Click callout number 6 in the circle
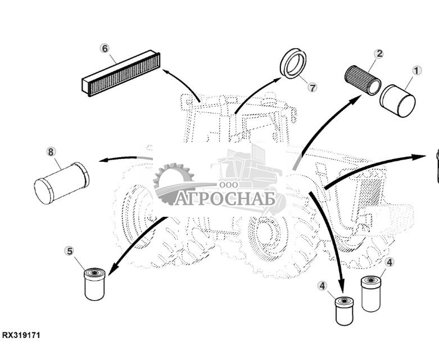104,48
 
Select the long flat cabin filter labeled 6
121,74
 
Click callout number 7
313,87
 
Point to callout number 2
379,54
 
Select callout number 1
416,71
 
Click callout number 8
51,152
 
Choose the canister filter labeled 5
94,284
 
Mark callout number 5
70,250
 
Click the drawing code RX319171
21,335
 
